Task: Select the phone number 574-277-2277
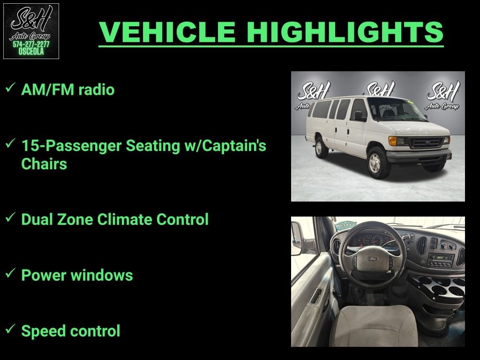tap(31, 45)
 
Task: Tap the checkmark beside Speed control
tap(9, 329)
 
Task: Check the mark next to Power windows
tap(9, 273)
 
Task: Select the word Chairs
tap(44, 164)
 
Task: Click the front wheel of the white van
tap(377, 163)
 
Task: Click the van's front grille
tap(426, 142)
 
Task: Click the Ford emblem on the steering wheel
tap(373, 258)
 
